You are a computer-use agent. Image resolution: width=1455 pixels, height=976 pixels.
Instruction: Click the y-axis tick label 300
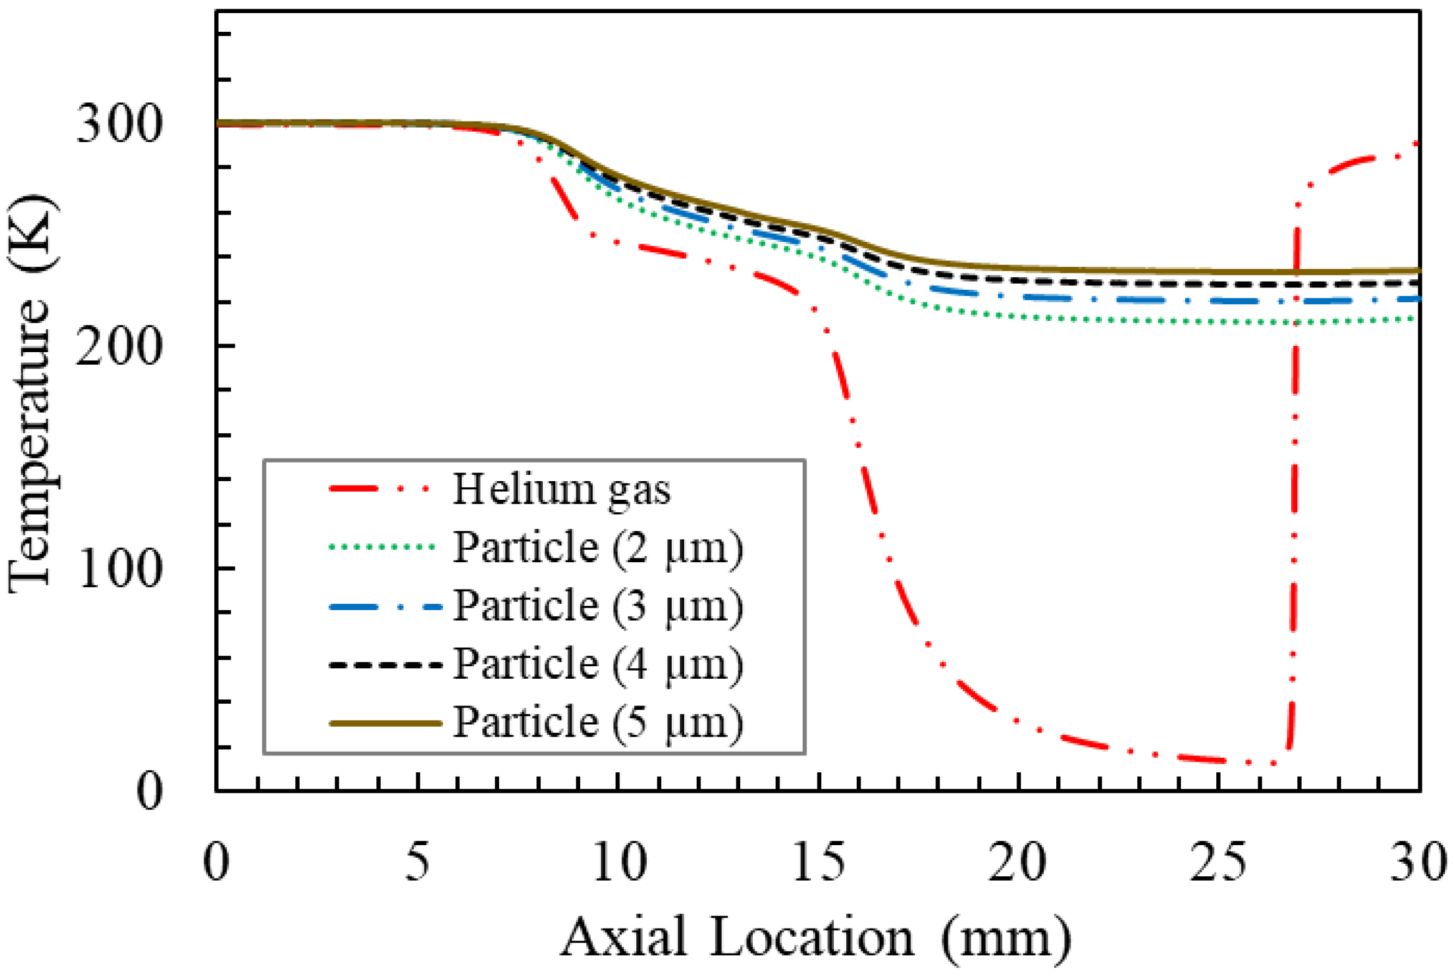click(119, 124)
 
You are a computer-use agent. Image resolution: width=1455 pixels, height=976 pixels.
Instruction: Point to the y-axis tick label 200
click(119, 347)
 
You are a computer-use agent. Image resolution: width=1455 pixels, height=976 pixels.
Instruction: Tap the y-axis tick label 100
click(119, 569)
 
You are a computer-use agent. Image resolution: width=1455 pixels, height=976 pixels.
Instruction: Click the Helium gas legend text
click(561, 490)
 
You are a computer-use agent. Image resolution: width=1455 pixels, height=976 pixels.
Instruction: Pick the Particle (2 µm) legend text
click(597, 548)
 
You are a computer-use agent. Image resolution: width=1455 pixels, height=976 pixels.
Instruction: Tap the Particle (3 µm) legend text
click(597, 606)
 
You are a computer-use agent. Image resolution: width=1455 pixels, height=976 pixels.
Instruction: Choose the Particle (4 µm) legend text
click(597, 664)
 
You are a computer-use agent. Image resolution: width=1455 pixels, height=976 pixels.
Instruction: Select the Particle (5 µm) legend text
click(597, 723)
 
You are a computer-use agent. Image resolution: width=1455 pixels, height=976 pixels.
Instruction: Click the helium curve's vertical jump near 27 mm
click(1294, 499)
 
